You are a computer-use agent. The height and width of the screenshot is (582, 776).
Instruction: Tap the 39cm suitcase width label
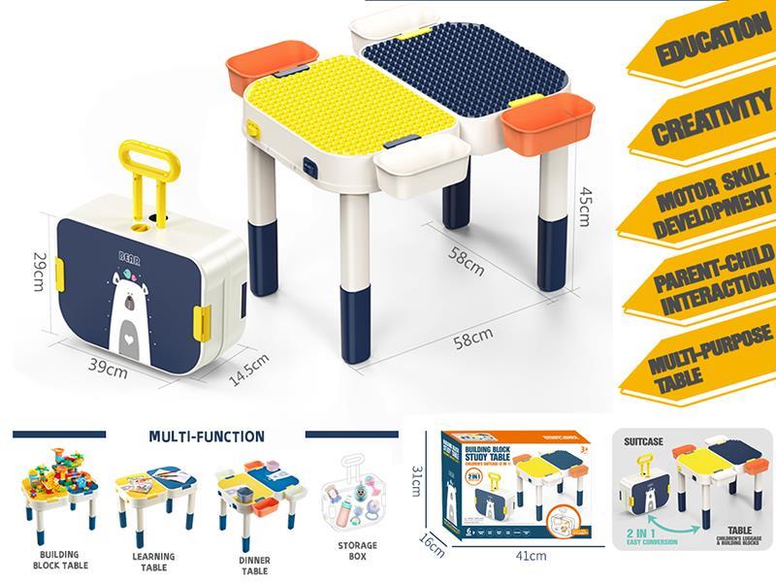coord(109,369)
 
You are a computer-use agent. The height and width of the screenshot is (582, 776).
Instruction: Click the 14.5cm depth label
coord(247,368)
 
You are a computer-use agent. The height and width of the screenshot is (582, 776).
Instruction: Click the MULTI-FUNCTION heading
coord(208,436)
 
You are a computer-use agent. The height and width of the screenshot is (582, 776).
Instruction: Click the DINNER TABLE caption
coord(253,565)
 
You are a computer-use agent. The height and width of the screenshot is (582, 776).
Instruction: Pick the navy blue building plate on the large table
coord(446,78)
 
